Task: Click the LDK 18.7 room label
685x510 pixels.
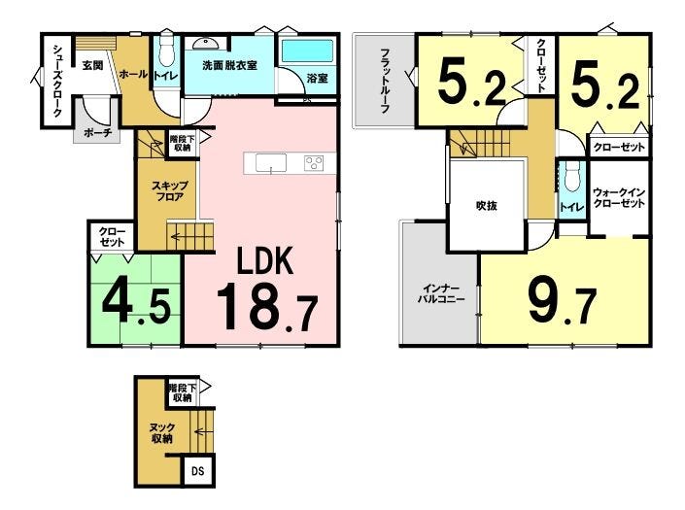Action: pos(266,289)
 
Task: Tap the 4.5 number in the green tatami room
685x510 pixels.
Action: pos(135,302)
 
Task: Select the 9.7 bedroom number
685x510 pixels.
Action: pos(563,302)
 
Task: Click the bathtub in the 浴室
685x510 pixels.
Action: pos(308,51)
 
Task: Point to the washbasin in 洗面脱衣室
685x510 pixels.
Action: pos(205,43)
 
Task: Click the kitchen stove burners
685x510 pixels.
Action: pos(314,163)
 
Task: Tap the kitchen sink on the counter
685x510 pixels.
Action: pos(271,163)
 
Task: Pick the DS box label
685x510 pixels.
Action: pos(198,471)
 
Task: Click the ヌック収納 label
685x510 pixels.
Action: pos(162,433)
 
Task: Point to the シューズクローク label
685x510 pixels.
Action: pos(57,81)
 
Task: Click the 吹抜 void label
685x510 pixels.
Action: pos(486,205)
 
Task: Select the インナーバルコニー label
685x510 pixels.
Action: pos(441,294)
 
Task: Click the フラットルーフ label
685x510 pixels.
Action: pos(385,81)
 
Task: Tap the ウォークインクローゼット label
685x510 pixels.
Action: pos(619,198)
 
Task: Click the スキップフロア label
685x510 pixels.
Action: pos(170,191)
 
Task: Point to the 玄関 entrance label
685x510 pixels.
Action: pos(93,65)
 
